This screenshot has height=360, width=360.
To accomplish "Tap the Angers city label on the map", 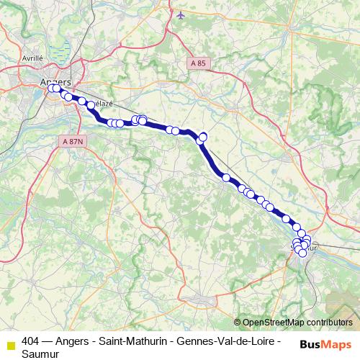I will (55, 81).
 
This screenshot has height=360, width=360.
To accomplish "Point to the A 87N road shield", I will (73, 141).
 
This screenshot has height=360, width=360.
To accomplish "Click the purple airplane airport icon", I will (180, 14).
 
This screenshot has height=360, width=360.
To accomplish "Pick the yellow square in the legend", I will (10, 343).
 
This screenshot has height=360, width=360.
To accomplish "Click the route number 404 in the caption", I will (30, 339).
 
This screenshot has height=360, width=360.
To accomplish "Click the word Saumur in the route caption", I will (40, 353).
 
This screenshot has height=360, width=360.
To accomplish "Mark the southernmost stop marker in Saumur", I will (302, 253).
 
